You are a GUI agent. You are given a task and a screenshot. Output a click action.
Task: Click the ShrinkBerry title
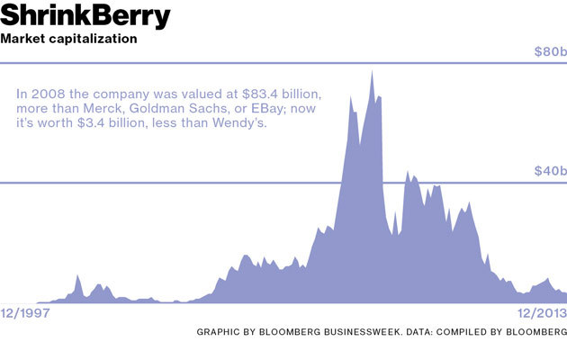click(85, 16)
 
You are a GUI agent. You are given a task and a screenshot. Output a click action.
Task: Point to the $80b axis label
click(549, 52)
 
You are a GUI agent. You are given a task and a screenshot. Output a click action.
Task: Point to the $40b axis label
click(549, 171)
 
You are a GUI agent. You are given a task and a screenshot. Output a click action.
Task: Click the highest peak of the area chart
click(373, 71)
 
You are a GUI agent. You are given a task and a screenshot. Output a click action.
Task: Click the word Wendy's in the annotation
click(251, 123)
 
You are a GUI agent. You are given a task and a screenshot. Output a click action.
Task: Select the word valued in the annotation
click(206, 93)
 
